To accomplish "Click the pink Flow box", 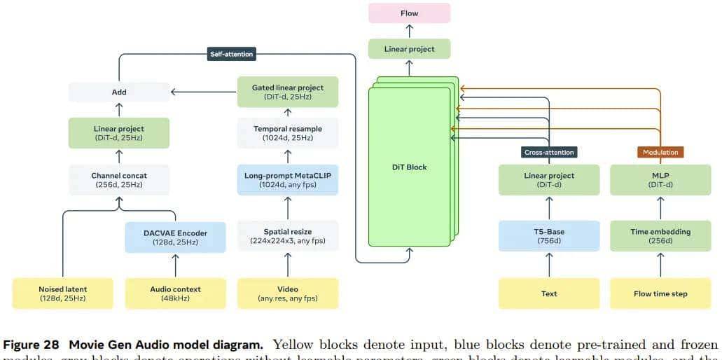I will [x=410, y=13].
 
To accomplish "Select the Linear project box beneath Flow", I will [x=410, y=49].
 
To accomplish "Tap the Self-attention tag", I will [x=232, y=53].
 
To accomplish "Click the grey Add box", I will [x=119, y=92].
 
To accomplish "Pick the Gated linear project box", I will [x=288, y=92].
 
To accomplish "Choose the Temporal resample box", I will [x=288, y=132].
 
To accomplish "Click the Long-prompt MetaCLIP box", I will [x=288, y=180].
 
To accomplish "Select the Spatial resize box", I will [x=288, y=235].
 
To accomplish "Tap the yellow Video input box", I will [x=288, y=293].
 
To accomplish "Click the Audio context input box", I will [x=176, y=293].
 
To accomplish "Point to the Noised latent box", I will [x=63, y=293].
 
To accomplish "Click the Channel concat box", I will [x=119, y=180].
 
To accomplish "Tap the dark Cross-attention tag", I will [x=549, y=152].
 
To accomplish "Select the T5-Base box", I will [x=549, y=236].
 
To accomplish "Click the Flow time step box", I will [x=661, y=293].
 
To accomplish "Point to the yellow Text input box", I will [x=549, y=293].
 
